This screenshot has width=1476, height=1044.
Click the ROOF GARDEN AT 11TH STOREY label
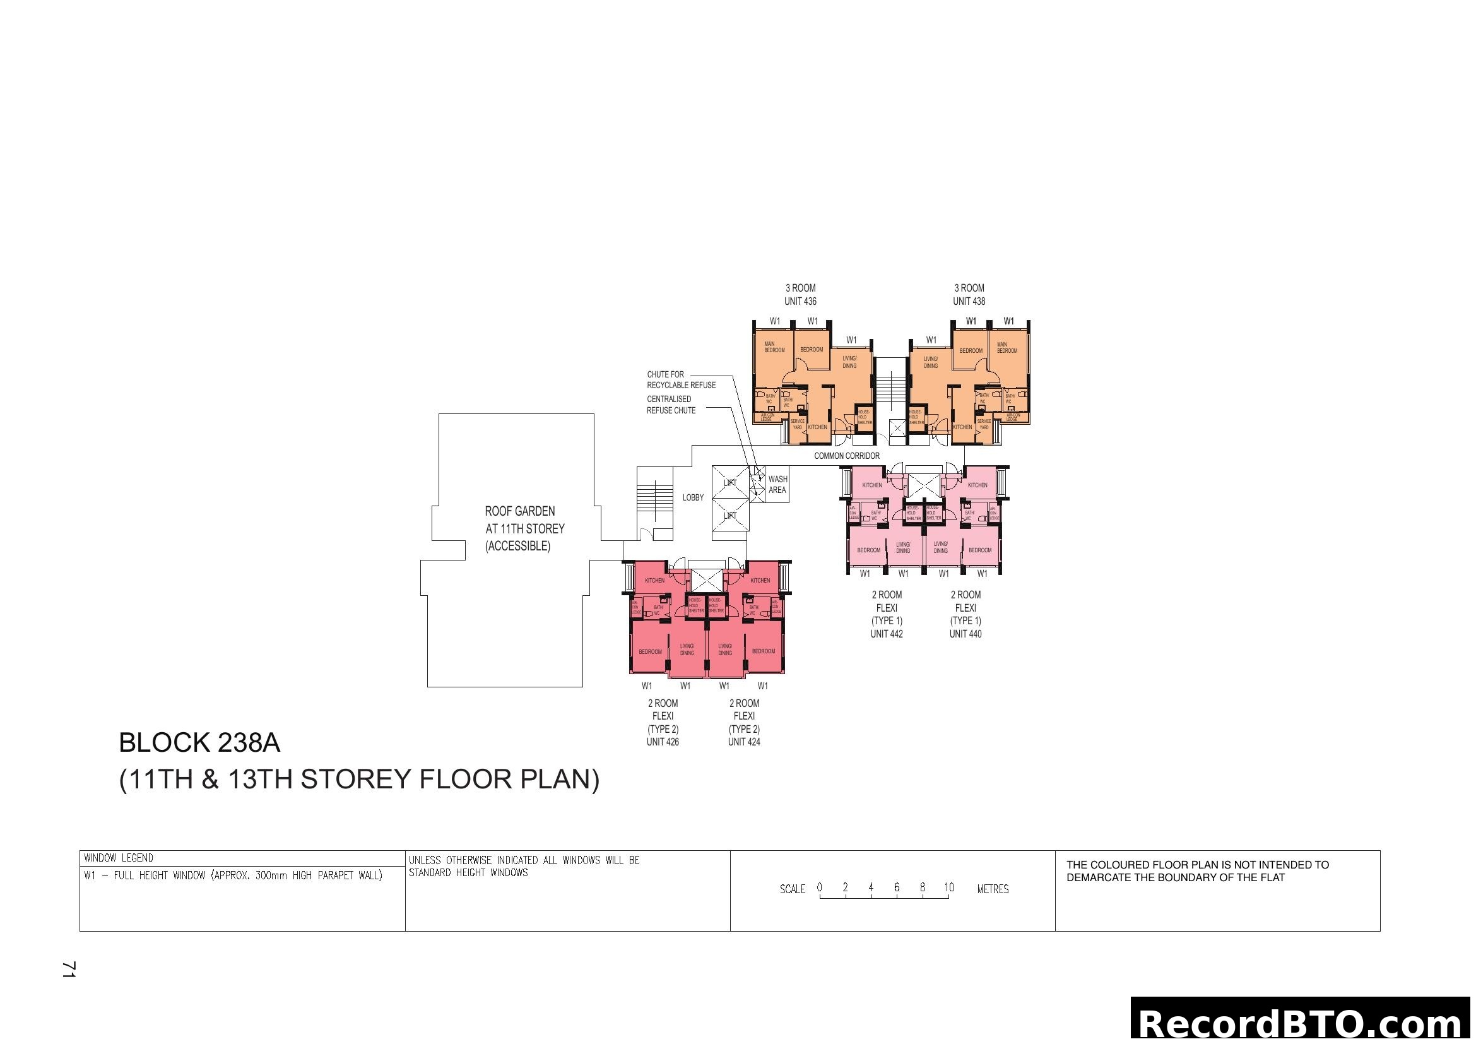click(x=524, y=528)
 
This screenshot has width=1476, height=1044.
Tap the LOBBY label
click(x=692, y=497)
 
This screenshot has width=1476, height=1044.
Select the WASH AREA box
click(x=777, y=485)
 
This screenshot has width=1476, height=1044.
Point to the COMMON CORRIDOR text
click(x=847, y=456)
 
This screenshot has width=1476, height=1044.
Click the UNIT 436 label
click(x=800, y=301)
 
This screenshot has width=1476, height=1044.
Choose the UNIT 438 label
click(x=969, y=301)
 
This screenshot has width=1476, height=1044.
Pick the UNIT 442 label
click(x=887, y=634)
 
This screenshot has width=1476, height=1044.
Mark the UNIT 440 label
click(x=965, y=634)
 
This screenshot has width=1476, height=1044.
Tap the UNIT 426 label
click(x=663, y=742)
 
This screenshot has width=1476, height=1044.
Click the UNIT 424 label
click(x=744, y=742)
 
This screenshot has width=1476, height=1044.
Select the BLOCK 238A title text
click(x=199, y=743)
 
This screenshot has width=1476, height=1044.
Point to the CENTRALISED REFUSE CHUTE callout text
click(x=671, y=405)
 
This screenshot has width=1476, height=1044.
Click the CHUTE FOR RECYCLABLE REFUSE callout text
click(x=681, y=379)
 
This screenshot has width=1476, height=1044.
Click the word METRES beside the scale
click(x=993, y=889)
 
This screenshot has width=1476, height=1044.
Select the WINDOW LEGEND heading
click(x=119, y=858)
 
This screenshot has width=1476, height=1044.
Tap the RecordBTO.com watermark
click(x=1302, y=1022)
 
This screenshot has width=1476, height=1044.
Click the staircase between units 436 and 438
click(x=890, y=386)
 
